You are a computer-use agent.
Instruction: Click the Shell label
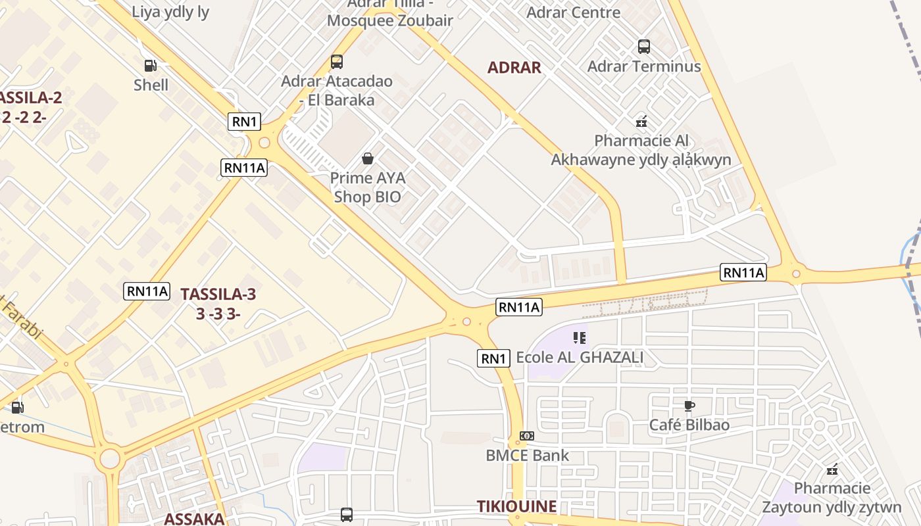[151, 85]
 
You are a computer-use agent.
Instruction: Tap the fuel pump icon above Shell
[151, 65]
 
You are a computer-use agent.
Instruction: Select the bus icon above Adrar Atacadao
[337, 62]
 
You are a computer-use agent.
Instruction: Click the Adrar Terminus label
[644, 66]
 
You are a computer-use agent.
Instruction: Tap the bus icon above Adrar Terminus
[644, 47]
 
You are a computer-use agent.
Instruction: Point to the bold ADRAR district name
[514, 67]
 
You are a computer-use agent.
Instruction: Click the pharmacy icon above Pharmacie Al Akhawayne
[641, 122]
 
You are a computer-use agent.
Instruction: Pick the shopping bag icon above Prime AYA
[368, 158]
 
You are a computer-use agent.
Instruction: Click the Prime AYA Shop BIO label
[368, 187]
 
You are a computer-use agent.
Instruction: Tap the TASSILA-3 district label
[218, 304]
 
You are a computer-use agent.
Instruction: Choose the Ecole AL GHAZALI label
[580, 358]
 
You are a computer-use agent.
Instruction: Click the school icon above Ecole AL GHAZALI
[580, 338]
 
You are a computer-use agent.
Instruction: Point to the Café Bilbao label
[689, 425]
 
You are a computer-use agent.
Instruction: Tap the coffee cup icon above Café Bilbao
[689, 406]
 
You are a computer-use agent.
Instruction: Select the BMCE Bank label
[527, 455]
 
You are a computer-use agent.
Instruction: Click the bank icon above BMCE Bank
[527, 436]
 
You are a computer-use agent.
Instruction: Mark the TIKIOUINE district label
[516, 506]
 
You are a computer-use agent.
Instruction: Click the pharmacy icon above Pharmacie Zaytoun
[832, 469]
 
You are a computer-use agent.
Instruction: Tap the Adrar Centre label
[574, 12]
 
